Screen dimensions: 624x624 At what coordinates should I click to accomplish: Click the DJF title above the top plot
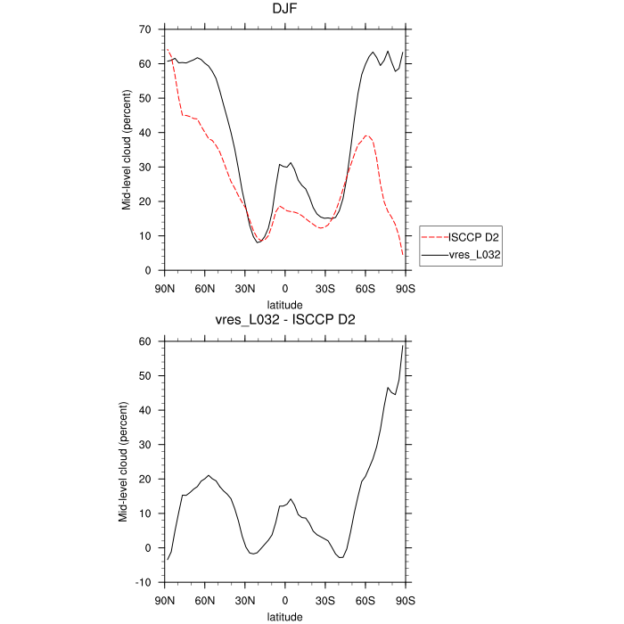284,10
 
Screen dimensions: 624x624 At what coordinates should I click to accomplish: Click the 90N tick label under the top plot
165,288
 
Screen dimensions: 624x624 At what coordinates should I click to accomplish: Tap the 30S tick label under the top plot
325,288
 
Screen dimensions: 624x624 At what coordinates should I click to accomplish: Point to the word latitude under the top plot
284,303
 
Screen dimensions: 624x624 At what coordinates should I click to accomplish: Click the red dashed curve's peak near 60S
366,135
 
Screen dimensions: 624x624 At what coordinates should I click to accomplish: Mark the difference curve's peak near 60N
208,476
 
